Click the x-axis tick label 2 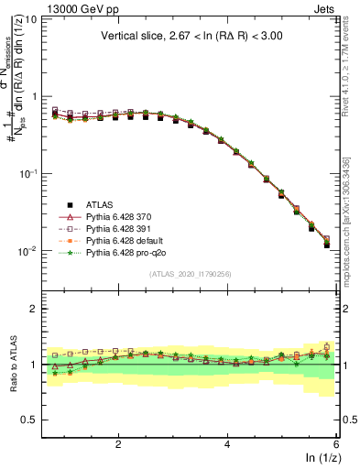[x=118, y=444]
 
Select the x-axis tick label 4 [x=227, y=444]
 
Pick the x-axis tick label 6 [x=336, y=444]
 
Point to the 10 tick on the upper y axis [x=30, y=19]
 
